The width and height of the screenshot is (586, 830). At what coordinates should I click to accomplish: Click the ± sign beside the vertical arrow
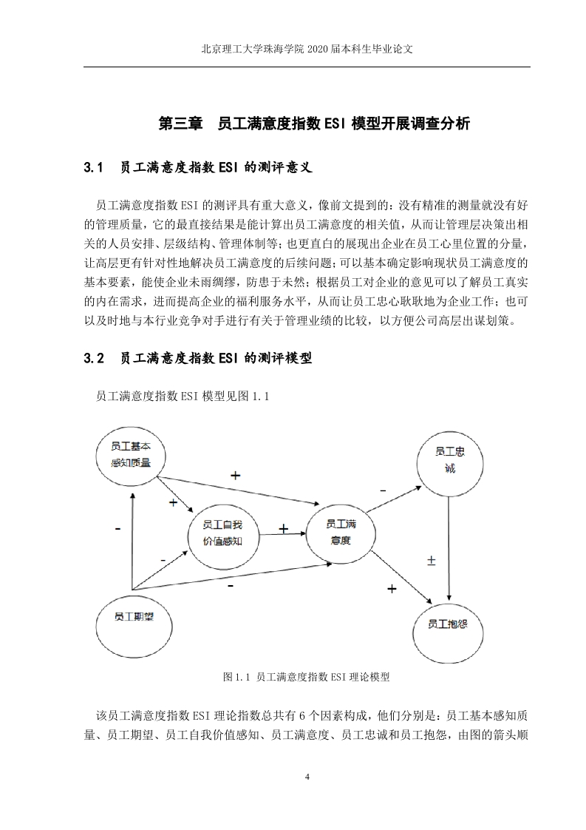[432, 561]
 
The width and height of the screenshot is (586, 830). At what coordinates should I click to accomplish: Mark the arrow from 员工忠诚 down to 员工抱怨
[449, 547]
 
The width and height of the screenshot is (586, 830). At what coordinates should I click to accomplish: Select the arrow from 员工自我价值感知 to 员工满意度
[284, 533]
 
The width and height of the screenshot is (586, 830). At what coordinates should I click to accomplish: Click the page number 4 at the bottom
[307, 777]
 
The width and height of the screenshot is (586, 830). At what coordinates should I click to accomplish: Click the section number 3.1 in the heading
[93, 167]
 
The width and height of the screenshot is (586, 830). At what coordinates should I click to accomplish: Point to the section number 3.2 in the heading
[94, 358]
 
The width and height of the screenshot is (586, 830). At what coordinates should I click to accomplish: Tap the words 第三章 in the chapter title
[181, 124]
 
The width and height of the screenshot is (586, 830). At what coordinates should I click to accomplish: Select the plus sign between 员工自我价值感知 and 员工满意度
[284, 528]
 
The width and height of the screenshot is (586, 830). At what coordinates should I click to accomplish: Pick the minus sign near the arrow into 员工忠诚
[383, 490]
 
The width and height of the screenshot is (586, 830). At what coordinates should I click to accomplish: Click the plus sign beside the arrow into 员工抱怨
[392, 589]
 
